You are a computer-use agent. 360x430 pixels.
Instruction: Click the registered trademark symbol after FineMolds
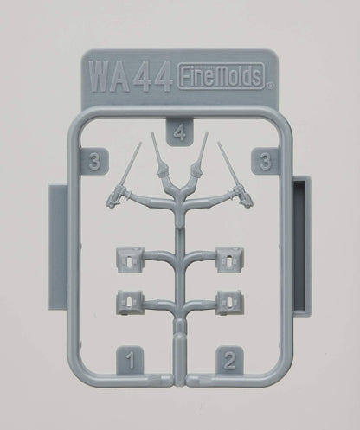click(x=270, y=86)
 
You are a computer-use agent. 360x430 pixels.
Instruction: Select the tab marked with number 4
click(x=178, y=132)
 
